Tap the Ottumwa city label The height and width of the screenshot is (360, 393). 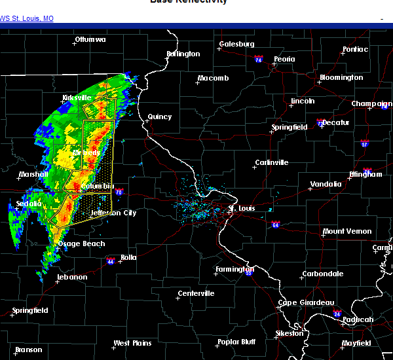pos(90,39)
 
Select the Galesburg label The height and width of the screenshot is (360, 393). pos(236,44)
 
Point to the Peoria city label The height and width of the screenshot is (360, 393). pos(284,59)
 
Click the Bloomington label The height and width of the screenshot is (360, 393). pos(341,77)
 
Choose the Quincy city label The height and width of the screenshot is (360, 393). pos(159,117)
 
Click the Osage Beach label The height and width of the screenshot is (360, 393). pos(81,243)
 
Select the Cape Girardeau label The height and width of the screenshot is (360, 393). pos(306,302)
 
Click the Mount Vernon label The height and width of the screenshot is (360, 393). pos(346,231)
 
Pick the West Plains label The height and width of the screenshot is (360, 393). pos(132,343)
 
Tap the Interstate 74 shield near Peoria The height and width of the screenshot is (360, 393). pos(259,60)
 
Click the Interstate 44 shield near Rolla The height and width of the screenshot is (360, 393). pos(109,261)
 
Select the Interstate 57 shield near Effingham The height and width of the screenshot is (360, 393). pos(364,143)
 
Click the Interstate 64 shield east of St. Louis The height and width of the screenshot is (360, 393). pos(276,225)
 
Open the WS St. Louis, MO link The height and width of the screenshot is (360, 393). pos(27,18)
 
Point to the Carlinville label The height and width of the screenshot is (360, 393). pos(271,162)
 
